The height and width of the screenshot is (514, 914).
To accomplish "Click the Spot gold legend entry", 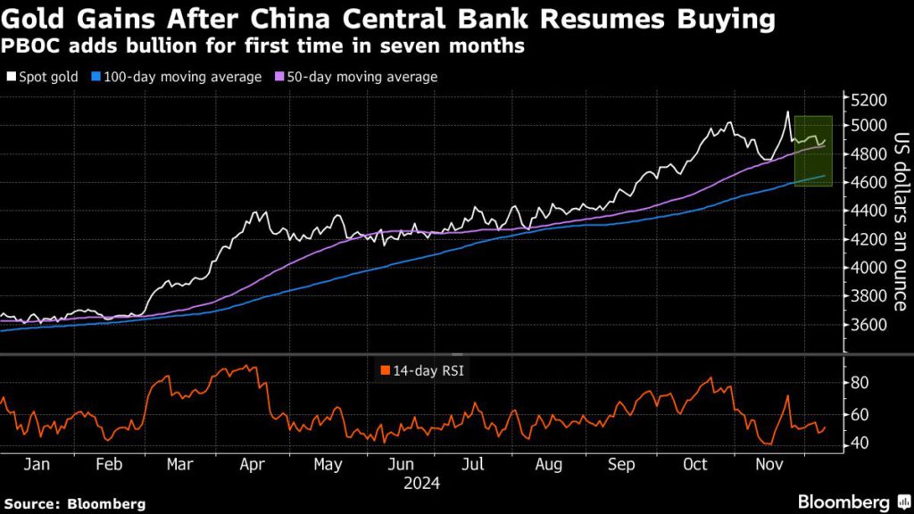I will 45,77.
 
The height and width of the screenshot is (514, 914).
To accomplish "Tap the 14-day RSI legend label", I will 417,368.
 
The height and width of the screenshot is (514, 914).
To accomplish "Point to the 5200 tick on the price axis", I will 868,98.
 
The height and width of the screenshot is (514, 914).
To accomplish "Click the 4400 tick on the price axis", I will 868,211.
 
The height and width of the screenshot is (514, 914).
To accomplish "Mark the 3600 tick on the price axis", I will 868,323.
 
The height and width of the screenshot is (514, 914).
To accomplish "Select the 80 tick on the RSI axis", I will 859,382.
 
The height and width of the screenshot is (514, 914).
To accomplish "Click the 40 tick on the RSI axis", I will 859,443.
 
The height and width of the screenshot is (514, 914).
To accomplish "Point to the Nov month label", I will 769,465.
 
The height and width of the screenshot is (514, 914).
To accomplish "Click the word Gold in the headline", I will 34,19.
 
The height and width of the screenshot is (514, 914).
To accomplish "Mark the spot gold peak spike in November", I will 787,112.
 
